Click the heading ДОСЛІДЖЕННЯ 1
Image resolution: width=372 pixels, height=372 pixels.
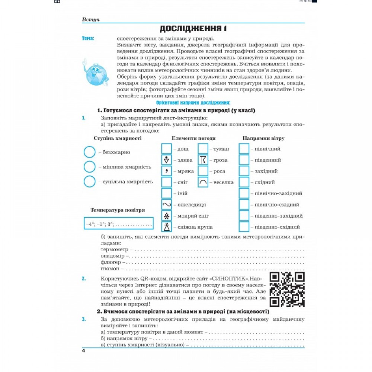193,29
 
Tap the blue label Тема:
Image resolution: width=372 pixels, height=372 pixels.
88,38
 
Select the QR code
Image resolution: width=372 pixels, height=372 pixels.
287,289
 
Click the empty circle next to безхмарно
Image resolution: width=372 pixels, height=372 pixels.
90,152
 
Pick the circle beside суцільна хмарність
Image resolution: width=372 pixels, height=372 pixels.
90,182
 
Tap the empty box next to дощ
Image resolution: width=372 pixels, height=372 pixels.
166,149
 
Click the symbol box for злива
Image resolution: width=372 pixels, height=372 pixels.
166,160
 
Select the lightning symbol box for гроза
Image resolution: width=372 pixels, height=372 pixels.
203,160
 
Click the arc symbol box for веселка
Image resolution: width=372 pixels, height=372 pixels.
203,182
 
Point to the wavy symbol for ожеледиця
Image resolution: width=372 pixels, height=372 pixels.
166,205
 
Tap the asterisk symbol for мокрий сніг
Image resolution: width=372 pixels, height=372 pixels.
166,216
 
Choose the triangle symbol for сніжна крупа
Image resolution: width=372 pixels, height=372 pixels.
166,227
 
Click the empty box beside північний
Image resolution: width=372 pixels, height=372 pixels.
244,149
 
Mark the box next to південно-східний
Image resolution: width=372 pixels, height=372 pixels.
244,227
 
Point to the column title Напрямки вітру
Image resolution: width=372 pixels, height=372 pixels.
263,138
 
